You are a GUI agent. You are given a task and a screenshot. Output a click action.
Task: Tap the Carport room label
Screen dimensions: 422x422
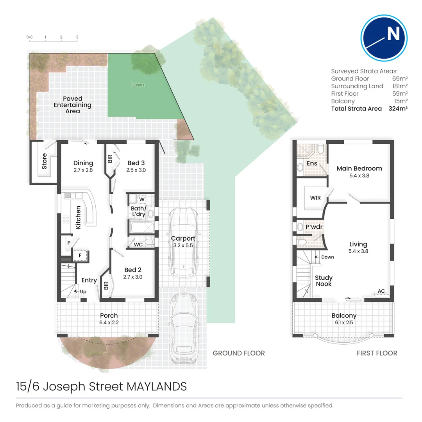click(183, 238)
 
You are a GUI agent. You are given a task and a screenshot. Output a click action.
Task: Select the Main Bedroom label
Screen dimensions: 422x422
click(359, 168)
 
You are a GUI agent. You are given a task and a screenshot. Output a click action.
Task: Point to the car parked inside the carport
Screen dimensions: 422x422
click(183, 242)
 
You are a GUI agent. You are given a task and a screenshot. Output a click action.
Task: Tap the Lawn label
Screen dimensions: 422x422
click(138, 84)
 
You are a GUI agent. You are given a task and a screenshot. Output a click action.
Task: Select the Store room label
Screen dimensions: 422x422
click(44, 161)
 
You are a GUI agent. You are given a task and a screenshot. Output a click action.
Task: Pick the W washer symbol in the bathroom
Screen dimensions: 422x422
click(141, 199)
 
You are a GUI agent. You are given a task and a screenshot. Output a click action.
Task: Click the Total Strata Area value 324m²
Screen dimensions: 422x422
click(398, 109)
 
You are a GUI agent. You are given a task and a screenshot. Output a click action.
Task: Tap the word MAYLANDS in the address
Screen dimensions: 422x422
click(157, 387)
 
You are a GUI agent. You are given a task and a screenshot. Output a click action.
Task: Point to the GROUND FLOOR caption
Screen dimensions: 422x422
click(238, 353)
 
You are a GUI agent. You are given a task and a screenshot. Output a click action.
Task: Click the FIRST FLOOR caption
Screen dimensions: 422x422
click(377, 353)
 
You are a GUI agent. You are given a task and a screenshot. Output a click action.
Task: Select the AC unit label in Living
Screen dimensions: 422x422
click(381, 291)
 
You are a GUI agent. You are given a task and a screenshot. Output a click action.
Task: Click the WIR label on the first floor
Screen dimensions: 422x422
click(315, 198)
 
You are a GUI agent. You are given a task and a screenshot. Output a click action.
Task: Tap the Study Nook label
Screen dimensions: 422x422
click(323, 281)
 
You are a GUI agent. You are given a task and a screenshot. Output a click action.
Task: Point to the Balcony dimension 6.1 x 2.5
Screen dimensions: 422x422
click(344, 323)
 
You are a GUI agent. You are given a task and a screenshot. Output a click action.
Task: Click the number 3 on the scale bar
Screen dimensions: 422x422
click(77, 38)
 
